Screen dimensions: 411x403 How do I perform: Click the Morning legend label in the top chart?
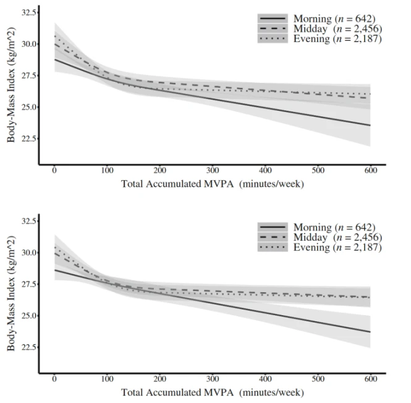[334, 19]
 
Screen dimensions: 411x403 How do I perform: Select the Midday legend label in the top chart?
[337, 28]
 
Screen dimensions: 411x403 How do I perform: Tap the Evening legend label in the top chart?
[337, 38]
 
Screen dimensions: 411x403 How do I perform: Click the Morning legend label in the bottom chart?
[334, 227]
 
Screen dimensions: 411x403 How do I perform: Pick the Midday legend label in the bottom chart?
[337, 237]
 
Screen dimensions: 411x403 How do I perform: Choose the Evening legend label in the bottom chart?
[337, 247]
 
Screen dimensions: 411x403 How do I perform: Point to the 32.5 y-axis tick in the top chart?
[28, 12]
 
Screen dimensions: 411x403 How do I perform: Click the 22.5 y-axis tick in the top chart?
[28, 139]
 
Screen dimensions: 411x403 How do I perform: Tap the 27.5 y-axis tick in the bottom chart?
[28, 284]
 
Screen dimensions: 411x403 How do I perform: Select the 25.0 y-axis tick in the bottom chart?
[28, 316]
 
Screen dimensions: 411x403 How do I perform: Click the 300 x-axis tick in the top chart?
[213, 170]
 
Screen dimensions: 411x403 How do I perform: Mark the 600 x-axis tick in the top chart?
[371, 170]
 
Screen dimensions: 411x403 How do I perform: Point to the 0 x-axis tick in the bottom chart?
[54, 379]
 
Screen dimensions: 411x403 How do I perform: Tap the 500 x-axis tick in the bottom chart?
[318, 379]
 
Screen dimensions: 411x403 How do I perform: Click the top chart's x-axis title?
[213, 184]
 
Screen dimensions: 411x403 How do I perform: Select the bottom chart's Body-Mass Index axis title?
[11, 293]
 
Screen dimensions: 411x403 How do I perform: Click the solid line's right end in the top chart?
[370, 125]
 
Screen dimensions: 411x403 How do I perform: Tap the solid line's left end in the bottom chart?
[54, 270]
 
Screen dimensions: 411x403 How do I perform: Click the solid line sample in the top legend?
[273, 19]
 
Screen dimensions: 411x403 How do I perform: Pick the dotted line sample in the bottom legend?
[273, 247]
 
